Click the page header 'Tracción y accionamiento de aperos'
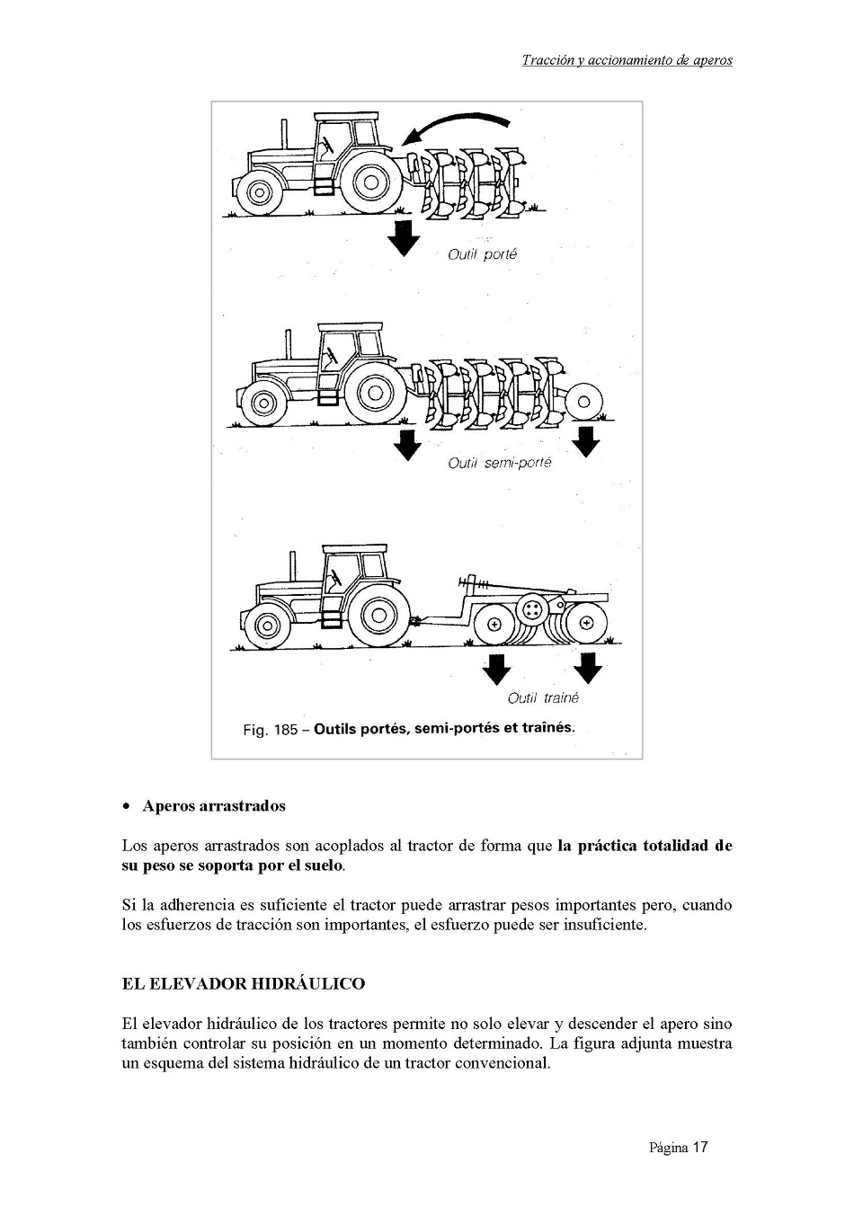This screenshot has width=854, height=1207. click(x=627, y=61)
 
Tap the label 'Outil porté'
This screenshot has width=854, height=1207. click(x=483, y=254)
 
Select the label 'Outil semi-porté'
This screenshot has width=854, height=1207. click(x=500, y=463)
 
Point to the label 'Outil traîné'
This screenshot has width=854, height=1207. click(x=543, y=697)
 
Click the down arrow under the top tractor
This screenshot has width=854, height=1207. click(x=403, y=236)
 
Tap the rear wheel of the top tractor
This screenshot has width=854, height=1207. click(x=370, y=183)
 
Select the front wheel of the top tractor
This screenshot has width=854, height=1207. click(x=259, y=191)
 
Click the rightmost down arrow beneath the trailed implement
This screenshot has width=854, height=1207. click(x=588, y=668)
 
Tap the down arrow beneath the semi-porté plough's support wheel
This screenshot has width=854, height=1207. click(x=586, y=441)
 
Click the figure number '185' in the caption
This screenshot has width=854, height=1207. click(x=285, y=730)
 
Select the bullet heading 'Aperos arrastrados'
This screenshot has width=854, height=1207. click(x=214, y=805)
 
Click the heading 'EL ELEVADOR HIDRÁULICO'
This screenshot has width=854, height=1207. click(x=244, y=983)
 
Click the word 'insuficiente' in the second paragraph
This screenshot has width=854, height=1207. click(x=601, y=925)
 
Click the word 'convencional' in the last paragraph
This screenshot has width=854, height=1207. click(x=502, y=1063)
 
